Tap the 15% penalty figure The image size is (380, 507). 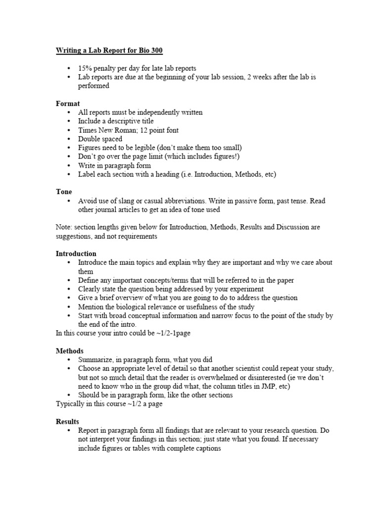click(85, 68)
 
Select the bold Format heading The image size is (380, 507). click(68, 103)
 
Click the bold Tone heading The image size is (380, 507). click(64, 192)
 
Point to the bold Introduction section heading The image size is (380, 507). click(76, 253)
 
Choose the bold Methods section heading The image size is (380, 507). click(69, 351)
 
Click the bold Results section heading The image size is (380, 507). click(67, 422)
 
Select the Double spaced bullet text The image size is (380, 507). click(100, 139)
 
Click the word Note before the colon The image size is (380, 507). click(63, 227)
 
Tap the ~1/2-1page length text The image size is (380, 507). click(172, 333)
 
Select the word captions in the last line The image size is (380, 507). click(206, 449)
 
